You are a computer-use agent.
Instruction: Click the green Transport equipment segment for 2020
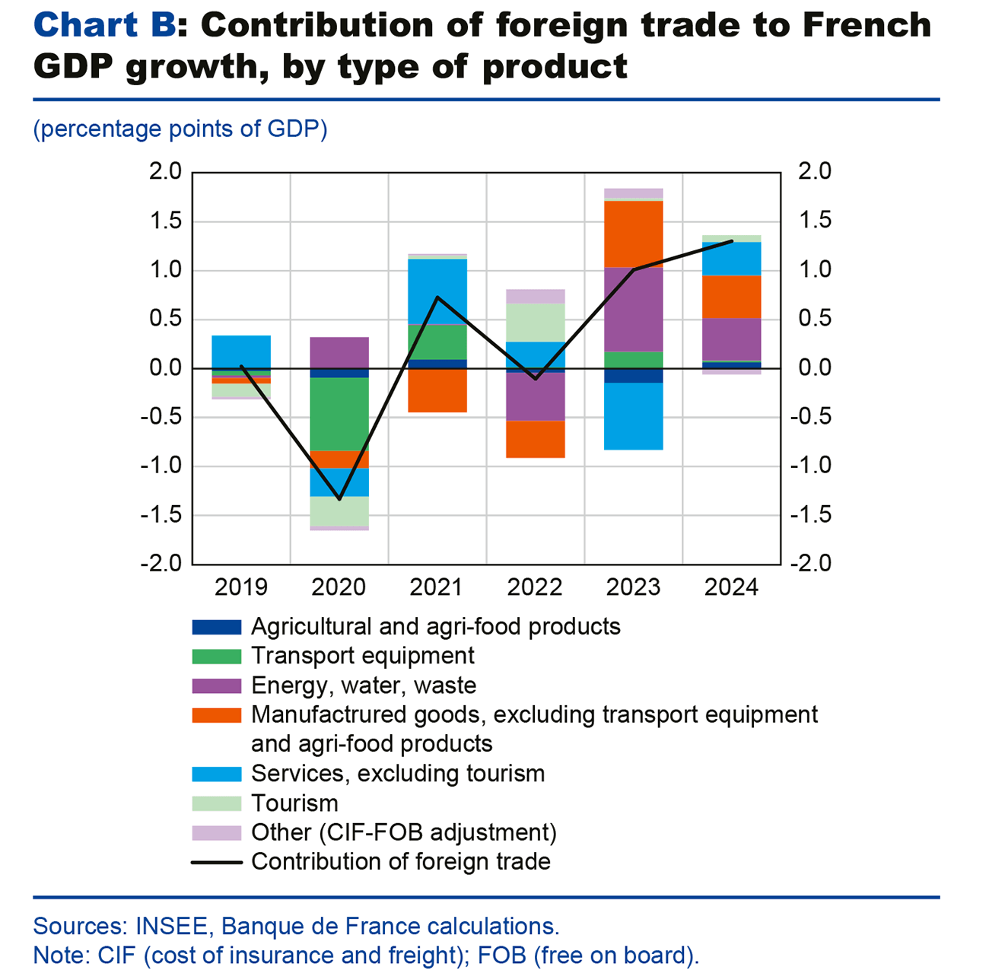click(339, 414)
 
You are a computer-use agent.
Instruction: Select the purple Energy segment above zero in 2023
click(634, 309)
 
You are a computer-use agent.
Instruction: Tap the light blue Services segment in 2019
click(241, 351)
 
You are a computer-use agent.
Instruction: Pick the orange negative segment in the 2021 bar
click(437, 390)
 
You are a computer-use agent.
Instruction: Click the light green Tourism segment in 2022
click(536, 323)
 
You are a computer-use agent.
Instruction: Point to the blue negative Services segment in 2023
click(634, 416)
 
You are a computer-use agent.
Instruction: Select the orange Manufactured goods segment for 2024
click(732, 296)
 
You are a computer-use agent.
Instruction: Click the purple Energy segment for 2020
click(339, 352)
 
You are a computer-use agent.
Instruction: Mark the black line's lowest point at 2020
click(339, 499)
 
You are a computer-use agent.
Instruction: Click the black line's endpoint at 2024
click(732, 241)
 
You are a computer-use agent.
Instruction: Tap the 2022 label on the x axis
click(535, 587)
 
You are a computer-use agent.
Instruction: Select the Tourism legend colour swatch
click(217, 803)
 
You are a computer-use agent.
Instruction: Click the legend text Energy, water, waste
click(364, 685)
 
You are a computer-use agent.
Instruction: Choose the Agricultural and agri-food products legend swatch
click(217, 627)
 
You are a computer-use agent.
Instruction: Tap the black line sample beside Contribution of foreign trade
click(217, 862)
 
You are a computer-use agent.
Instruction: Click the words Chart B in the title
click(105, 25)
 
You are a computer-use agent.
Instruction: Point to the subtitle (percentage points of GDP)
click(180, 129)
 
